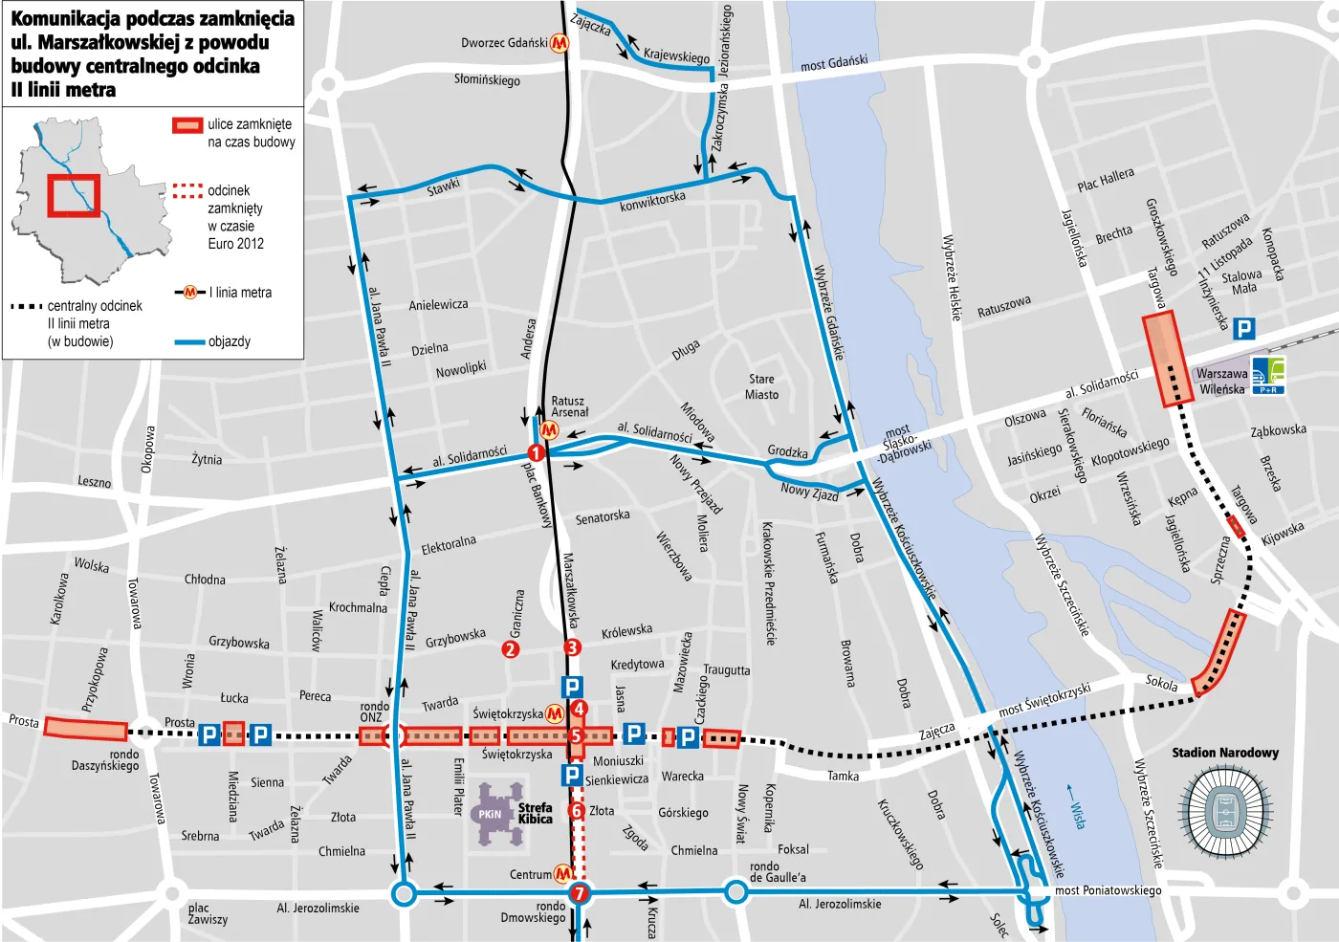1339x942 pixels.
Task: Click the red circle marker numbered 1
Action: (536, 452)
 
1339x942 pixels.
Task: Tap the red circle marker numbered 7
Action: (579, 894)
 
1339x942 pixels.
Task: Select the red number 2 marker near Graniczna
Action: (511, 649)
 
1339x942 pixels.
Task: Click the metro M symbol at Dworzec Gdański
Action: (560, 43)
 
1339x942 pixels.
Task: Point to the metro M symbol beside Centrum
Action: (564, 874)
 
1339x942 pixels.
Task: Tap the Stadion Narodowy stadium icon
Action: (1226, 812)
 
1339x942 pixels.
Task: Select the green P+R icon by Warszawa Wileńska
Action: (1268, 375)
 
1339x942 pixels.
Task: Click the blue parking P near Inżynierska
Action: (1243, 329)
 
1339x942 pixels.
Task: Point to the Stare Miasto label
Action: (761, 386)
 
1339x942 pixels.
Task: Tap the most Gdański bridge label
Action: (834, 63)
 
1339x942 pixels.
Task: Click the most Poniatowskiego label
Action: (1108, 890)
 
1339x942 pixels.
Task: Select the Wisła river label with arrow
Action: (1076, 807)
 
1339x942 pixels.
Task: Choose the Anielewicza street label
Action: (438, 305)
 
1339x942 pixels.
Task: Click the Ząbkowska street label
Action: (1278, 430)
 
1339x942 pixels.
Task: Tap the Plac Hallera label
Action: (1106, 179)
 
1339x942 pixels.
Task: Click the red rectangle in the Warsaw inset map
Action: (74, 196)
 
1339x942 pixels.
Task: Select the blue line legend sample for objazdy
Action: (190, 341)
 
